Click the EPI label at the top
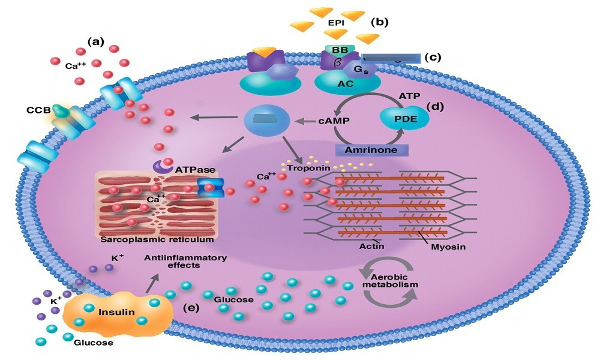pos(336,23)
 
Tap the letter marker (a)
pos(95,42)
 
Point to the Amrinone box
pos(371,150)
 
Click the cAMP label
pos(334,121)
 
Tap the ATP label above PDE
pos(409,96)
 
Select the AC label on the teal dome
pos(345,84)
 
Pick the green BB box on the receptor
pos(340,50)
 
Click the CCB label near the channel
pos(38,110)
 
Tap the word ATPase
pos(195,169)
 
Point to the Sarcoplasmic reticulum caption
pos(157,240)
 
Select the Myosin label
pos(448,247)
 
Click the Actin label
pos(371,247)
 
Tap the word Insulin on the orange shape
pos(117,312)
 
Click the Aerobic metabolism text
pos(390,281)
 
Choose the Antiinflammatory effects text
pos(185,261)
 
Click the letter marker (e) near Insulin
pos(191,308)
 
